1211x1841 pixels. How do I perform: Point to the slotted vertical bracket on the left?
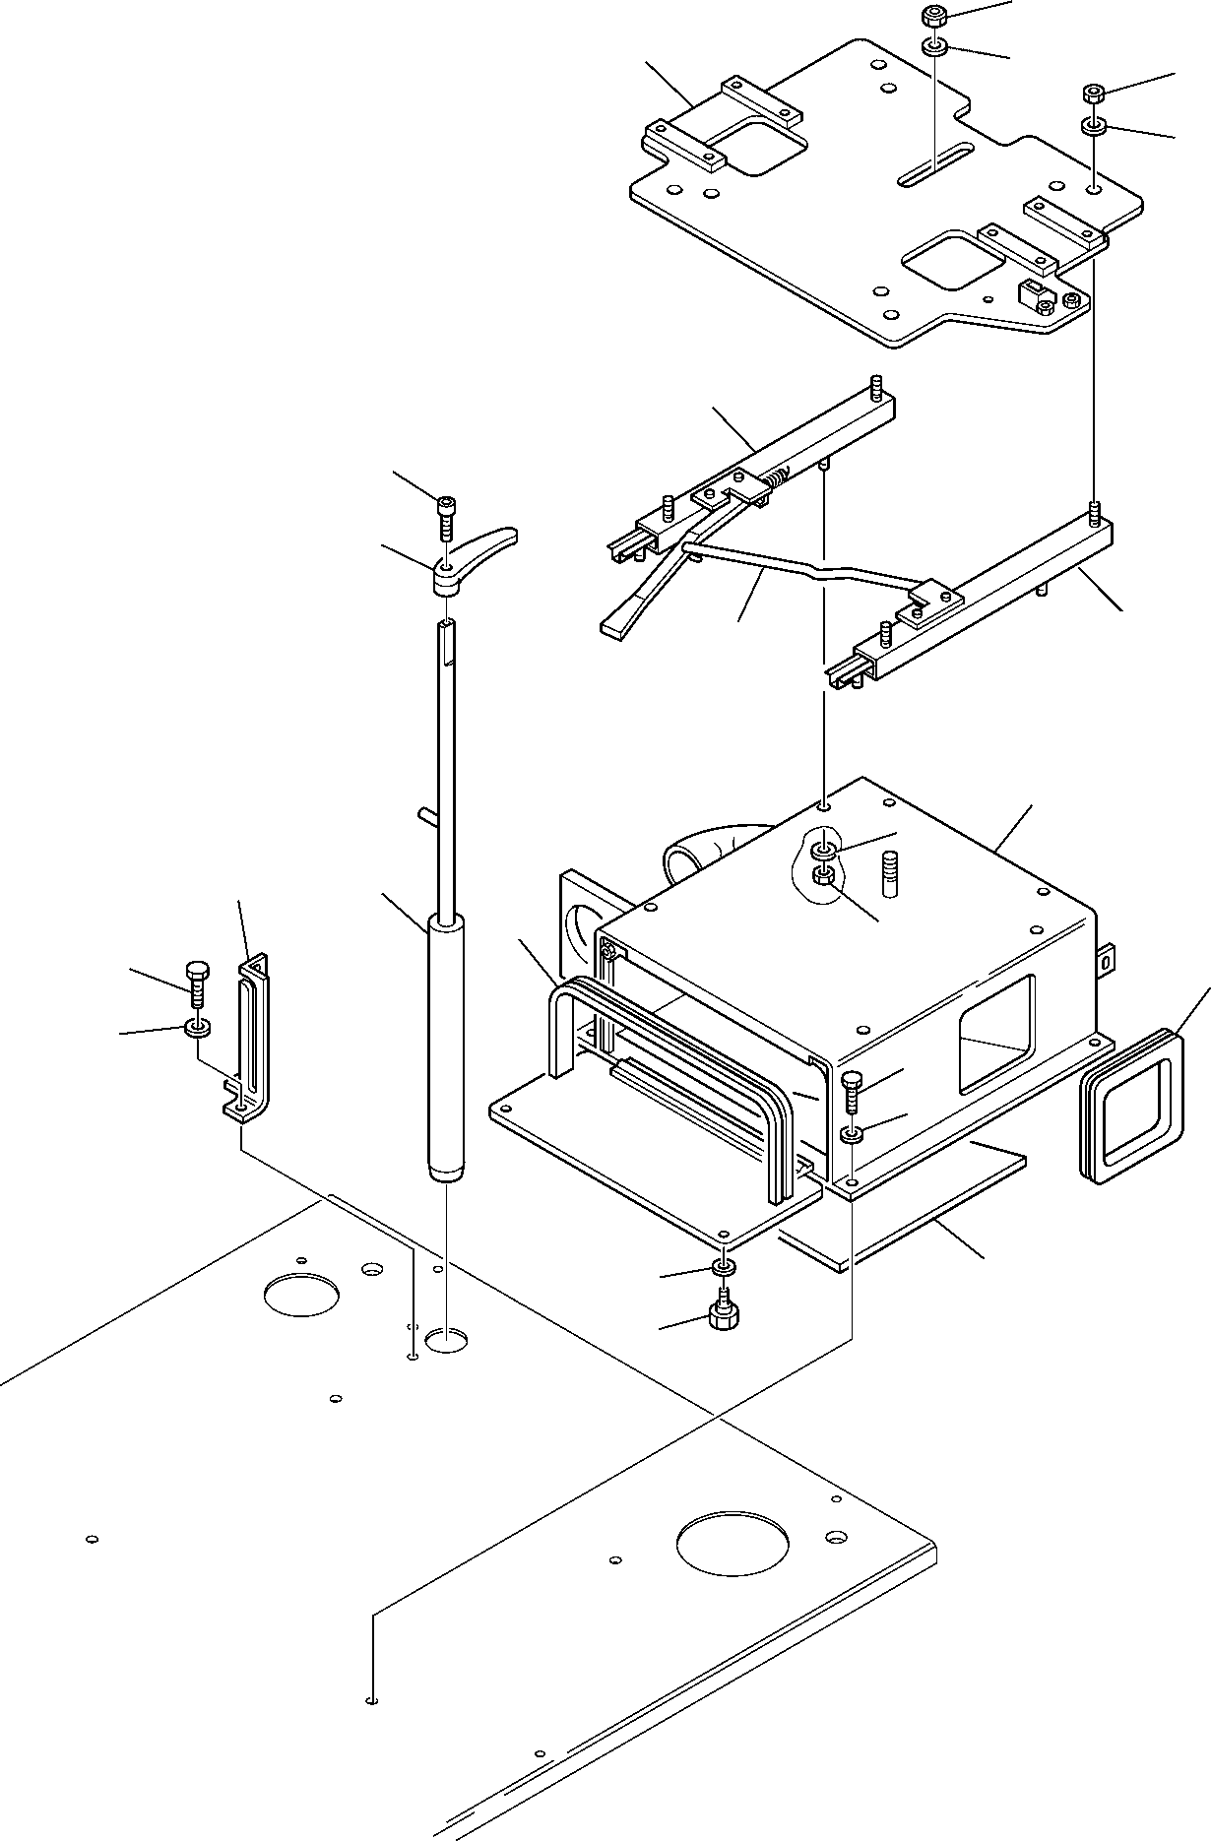[248, 1034]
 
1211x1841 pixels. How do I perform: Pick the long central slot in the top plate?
[934, 163]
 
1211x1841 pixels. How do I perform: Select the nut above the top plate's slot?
[932, 16]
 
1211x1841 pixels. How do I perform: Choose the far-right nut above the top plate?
[1093, 95]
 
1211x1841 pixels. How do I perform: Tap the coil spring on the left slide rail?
[777, 481]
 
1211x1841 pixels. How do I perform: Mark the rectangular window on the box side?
[996, 1034]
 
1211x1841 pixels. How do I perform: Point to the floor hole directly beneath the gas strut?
[446, 1339]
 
